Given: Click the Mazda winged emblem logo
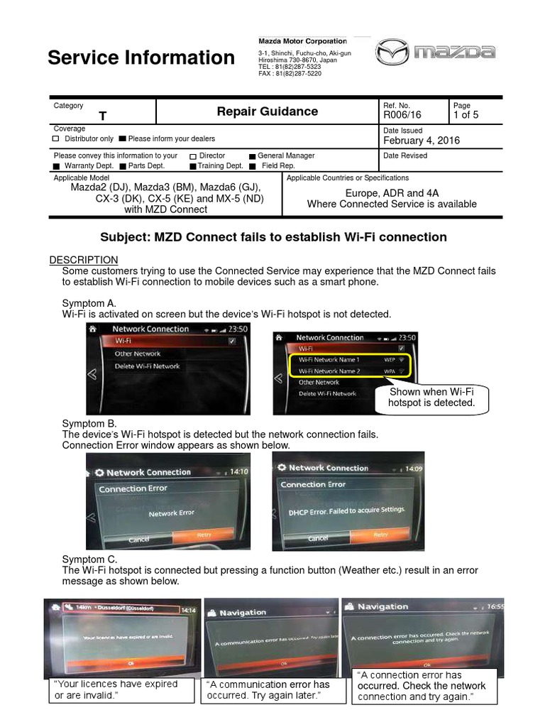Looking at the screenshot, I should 392,53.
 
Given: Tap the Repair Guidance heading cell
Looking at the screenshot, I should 267,111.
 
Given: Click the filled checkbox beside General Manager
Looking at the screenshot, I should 252,156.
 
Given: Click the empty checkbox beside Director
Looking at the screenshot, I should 193,156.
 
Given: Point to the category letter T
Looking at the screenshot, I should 103,116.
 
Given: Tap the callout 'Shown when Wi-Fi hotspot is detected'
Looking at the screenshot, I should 431,398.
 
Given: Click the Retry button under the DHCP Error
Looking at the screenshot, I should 380,535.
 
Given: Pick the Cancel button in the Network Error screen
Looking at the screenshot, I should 139,540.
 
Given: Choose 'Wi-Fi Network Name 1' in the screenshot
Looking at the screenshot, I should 329,360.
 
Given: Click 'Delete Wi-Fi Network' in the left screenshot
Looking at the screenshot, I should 147,366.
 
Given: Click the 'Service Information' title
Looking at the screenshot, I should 141,58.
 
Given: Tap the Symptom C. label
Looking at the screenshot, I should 89,559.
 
